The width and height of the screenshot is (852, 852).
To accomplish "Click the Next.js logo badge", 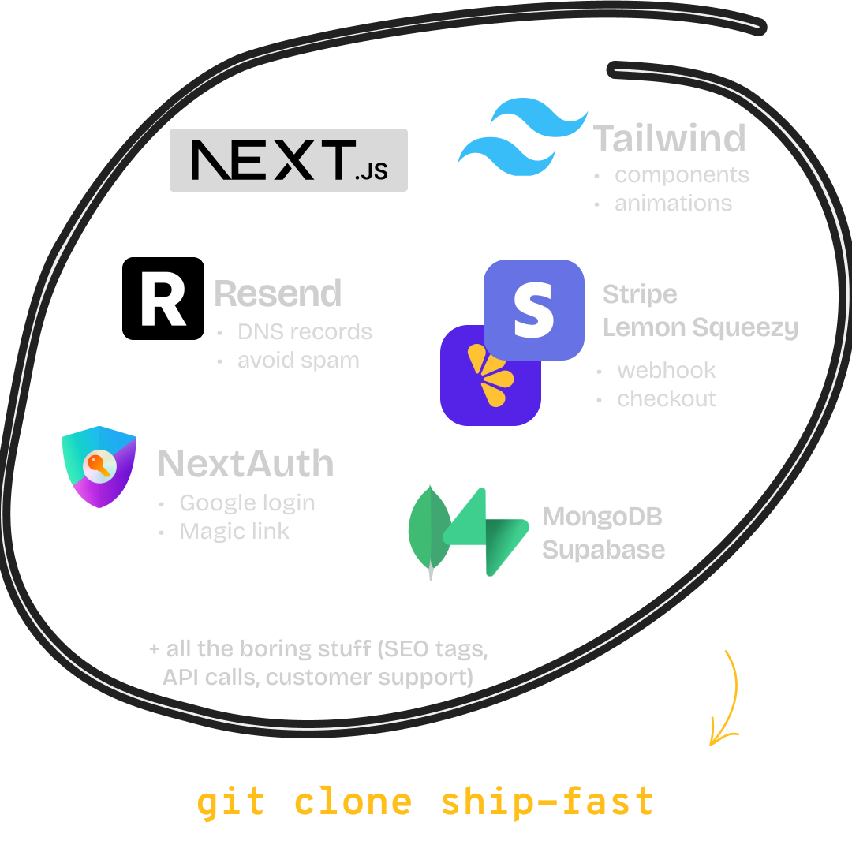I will pos(289,160).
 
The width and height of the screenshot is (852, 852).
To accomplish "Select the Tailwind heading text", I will pos(670,138).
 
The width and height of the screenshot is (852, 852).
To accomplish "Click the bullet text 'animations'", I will pos(673,203).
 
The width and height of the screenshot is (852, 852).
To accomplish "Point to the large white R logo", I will pos(163,300).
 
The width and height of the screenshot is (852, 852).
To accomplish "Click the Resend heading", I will pos(278,293).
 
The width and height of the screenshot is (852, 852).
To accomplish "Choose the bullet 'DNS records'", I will pos(305,331).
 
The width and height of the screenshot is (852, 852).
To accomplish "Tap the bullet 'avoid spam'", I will pos(298,361).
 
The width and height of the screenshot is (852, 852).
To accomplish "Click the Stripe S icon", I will pos(534,308).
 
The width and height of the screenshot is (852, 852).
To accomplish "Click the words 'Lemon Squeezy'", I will pos(701,327).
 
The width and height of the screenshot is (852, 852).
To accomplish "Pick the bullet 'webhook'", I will pos(666,370).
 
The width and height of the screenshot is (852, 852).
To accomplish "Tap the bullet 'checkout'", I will pos(667,398).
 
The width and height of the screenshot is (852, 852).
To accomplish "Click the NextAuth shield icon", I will pos(99,465).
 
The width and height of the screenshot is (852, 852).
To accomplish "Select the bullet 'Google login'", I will pos(247,503).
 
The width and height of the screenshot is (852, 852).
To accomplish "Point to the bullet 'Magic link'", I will pos(234,531).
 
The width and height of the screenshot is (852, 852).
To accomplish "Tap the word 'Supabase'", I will pos(603,549).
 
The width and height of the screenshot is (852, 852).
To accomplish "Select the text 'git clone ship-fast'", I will pos(426,801).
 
